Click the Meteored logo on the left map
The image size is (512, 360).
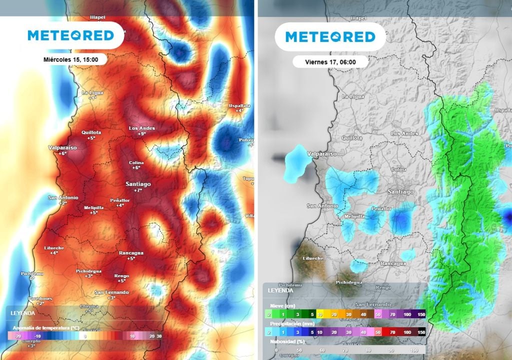(x=70, y=35)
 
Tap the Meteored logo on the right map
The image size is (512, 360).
(x=330, y=37)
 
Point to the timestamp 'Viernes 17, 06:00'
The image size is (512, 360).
(x=330, y=62)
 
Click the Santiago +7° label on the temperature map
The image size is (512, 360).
(x=137, y=187)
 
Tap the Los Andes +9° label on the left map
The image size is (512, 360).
(x=142, y=131)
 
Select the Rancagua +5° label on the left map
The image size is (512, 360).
(x=131, y=255)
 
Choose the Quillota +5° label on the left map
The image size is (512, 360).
(x=91, y=135)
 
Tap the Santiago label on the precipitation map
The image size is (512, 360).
(x=401, y=192)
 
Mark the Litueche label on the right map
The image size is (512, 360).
(x=313, y=258)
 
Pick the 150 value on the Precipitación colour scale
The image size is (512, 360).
(x=421, y=332)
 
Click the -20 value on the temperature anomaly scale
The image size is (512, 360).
(x=17, y=336)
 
